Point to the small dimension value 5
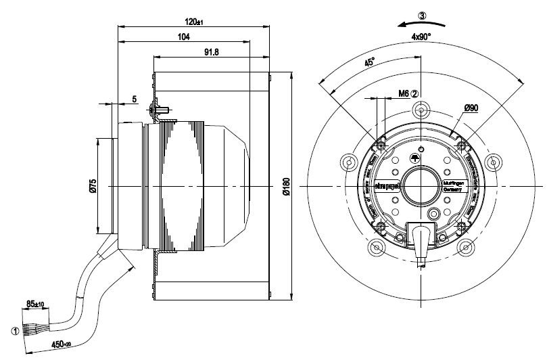135,99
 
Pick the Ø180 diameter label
286,187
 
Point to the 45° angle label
370,63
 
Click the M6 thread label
404,94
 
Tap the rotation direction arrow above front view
420,26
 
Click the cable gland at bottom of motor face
421,237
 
